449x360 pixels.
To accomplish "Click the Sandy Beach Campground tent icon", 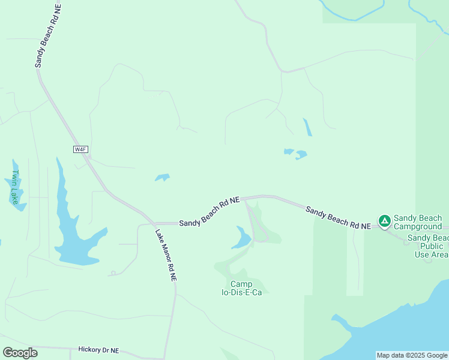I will pyautogui.click(x=384, y=221).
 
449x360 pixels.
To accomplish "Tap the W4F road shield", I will pyautogui.click(x=80, y=149).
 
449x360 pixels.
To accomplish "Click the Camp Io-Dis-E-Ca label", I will pyautogui.click(x=241, y=288).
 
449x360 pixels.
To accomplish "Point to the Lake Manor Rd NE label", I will pyautogui.click(x=166, y=256).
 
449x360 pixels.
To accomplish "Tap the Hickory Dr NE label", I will pyautogui.click(x=99, y=350).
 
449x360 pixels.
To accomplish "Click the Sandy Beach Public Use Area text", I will pyautogui.click(x=427, y=246).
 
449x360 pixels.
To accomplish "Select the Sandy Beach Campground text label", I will pyautogui.click(x=418, y=222).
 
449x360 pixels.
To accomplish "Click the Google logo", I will pyautogui.click(x=20, y=352).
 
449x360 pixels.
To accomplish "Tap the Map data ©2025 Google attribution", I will pyautogui.click(x=412, y=355).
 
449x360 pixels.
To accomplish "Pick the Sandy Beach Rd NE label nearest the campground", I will pyautogui.click(x=338, y=217).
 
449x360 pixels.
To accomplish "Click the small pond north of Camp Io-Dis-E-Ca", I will pyautogui.click(x=241, y=238).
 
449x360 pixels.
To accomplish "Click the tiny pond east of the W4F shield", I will pyautogui.click(x=162, y=178).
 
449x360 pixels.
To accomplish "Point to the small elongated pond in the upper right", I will pyautogui.click(x=307, y=127).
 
